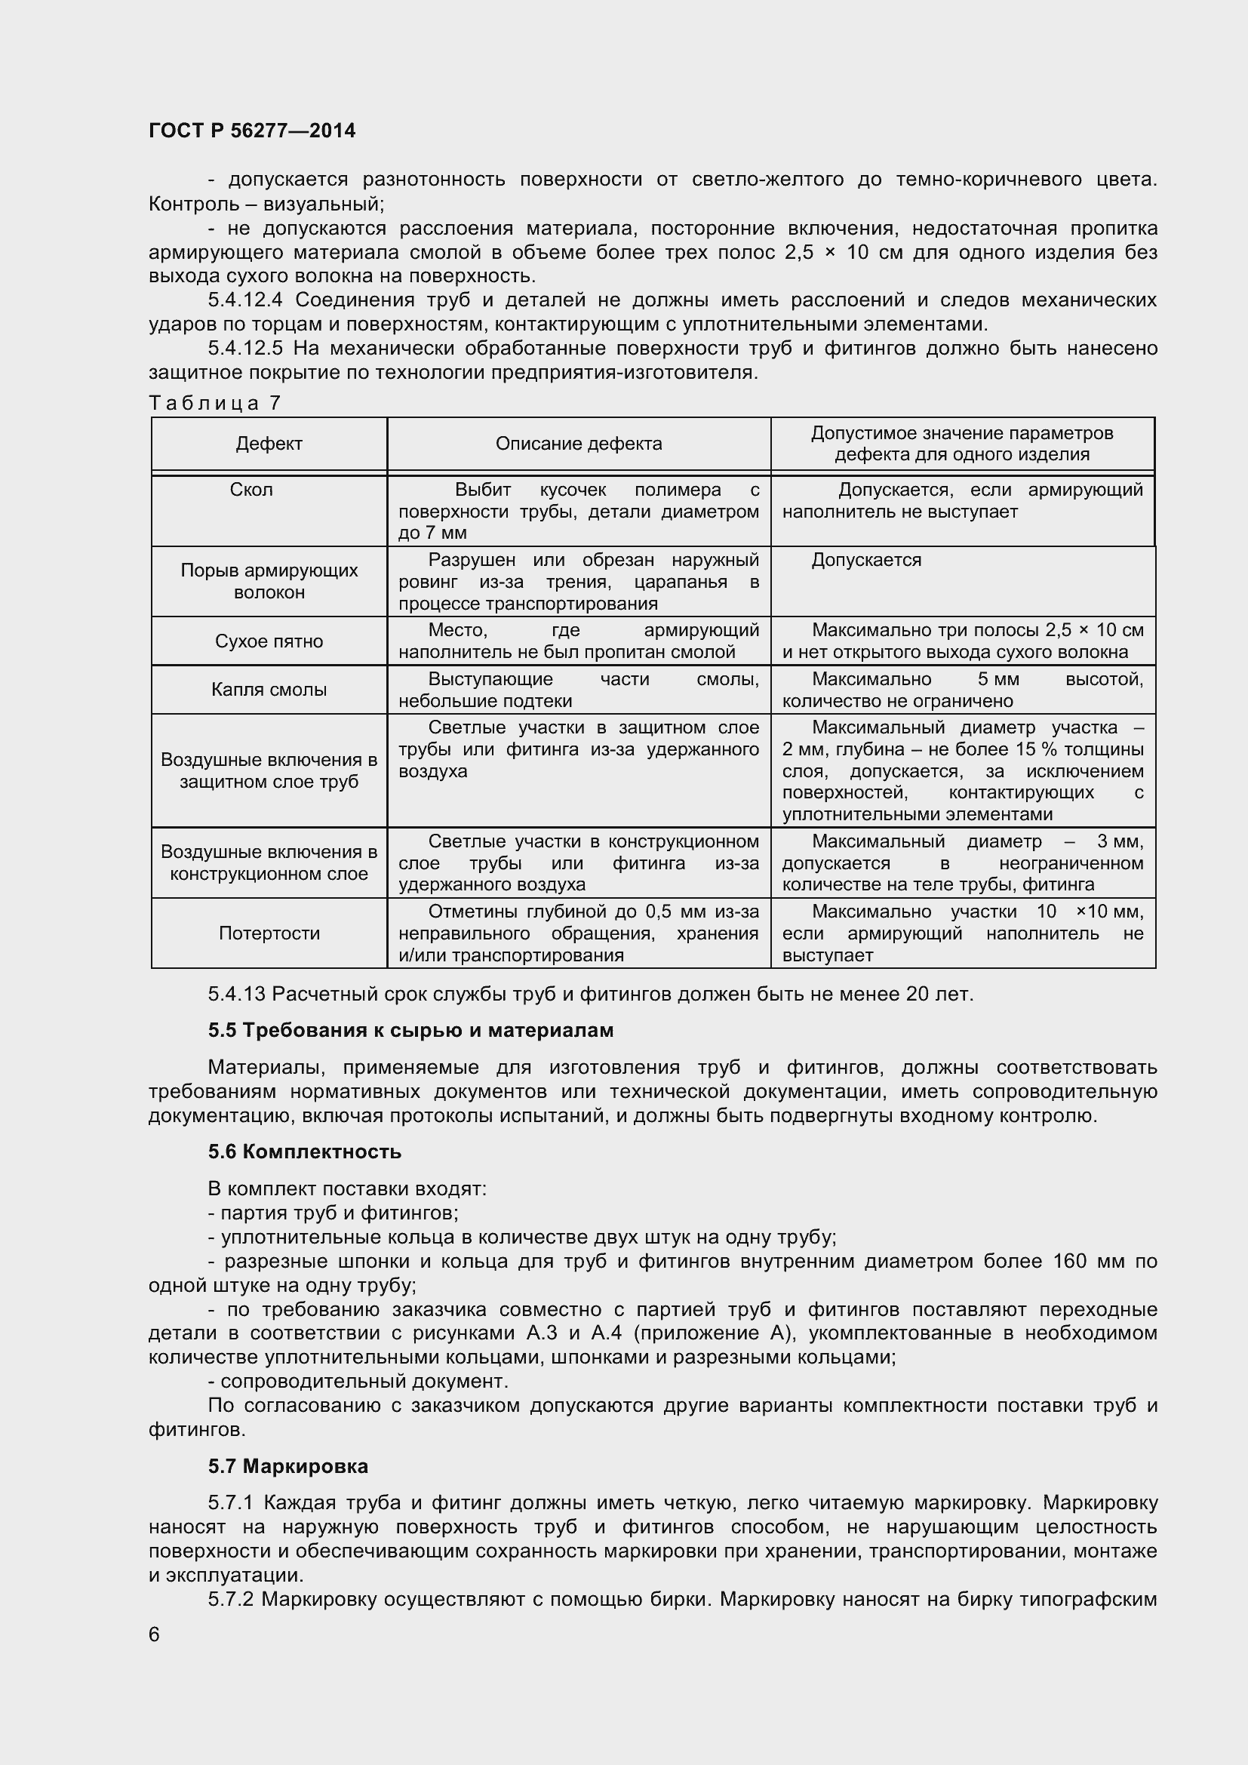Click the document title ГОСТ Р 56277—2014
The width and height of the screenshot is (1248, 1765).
[x=252, y=131]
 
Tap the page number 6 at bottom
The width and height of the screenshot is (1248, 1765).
[x=155, y=1634]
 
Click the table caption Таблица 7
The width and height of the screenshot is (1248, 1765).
[x=215, y=403]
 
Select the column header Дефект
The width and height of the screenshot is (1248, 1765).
[x=269, y=444]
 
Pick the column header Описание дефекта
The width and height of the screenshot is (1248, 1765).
[x=579, y=444]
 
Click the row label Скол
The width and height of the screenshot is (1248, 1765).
[x=251, y=490]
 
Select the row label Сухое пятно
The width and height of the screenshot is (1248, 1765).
[x=269, y=641]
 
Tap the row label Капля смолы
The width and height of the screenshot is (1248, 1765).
[x=269, y=690]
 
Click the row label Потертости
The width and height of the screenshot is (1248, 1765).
[x=269, y=933]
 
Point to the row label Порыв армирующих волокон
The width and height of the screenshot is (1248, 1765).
[x=269, y=581]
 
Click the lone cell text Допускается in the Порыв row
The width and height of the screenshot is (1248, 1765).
[x=866, y=560]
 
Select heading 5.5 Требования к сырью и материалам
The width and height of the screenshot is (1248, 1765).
[x=410, y=1031]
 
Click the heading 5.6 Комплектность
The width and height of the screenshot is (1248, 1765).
[x=304, y=1152]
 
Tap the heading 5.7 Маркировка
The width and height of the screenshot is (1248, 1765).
[x=287, y=1467]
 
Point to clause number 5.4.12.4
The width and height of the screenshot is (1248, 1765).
[x=246, y=300]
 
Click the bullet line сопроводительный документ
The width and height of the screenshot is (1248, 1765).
[x=358, y=1382]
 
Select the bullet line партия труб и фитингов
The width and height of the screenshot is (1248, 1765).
[x=334, y=1213]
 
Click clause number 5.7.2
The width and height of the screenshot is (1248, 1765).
[x=231, y=1600]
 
